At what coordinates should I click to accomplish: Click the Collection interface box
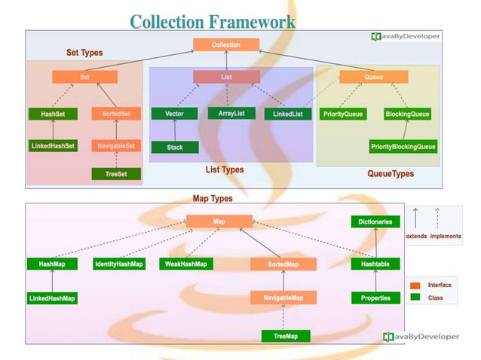pyautogui.click(x=226, y=45)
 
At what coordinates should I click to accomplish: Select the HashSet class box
pyautogui.click(x=52, y=114)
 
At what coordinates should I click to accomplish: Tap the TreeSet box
pyautogui.click(x=116, y=174)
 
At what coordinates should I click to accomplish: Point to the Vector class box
pyautogui.click(x=174, y=114)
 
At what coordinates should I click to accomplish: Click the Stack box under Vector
pyautogui.click(x=174, y=147)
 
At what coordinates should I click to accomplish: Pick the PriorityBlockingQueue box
pyautogui.click(x=403, y=146)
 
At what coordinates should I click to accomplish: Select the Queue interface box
pyautogui.click(x=373, y=77)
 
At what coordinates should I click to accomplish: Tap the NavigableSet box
pyautogui.click(x=116, y=145)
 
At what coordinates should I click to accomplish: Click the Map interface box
pyautogui.click(x=219, y=221)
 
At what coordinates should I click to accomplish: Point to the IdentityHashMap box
pyautogui.click(x=119, y=264)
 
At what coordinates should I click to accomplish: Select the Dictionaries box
pyautogui.click(x=375, y=221)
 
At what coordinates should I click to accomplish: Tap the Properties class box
pyautogui.click(x=375, y=298)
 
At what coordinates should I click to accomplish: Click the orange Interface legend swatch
pyautogui.click(x=415, y=285)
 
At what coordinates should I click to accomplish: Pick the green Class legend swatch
pyautogui.click(x=415, y=298)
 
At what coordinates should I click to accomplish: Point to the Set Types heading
pyautogui.click(x=84, y=53)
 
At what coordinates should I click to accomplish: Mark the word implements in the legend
pyautogui.click(x=446, y=236)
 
